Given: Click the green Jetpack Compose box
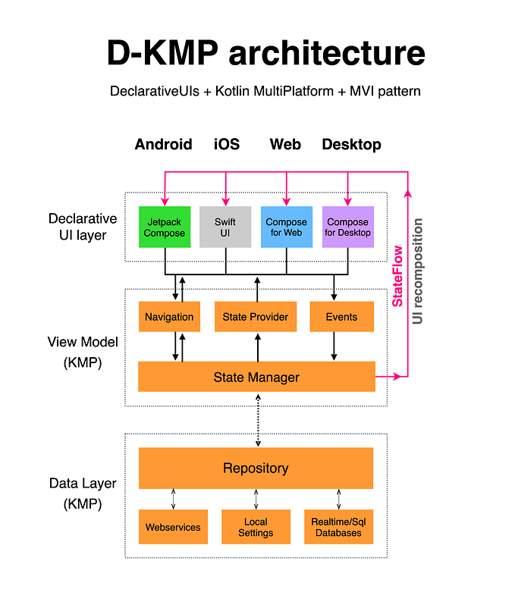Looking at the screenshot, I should tap(165, 227).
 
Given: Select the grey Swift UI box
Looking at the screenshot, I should tap(225, 227).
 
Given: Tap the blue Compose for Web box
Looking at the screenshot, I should tap(286, 227).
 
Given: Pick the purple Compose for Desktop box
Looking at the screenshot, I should tap(347, 227).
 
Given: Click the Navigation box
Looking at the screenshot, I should tap(169, 317).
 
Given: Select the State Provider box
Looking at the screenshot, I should tap(256, 317).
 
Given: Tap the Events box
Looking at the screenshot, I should tap(341, 317).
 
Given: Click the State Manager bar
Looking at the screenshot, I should tap(256, 377).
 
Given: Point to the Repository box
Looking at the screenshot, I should tap(256, 468).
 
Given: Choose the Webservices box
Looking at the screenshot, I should tap(173, 526).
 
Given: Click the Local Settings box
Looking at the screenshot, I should tap(256, 526).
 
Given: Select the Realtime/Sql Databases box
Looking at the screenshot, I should tap(337, 526).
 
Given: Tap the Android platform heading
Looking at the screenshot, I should tap(163, 144).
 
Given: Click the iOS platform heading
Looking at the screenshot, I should tap(226, 144).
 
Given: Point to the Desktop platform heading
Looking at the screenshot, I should tap(351, 144).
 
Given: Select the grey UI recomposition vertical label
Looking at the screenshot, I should tap(418, 271).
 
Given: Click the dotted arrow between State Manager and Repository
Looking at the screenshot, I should tap(258, 419).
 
